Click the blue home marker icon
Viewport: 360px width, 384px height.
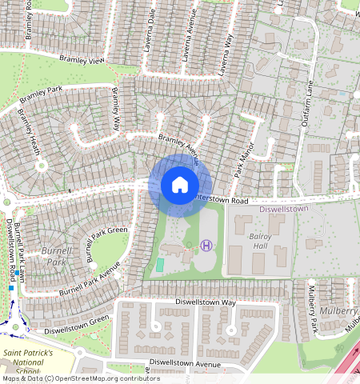(x=180, y=186)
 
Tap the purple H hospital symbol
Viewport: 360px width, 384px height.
(x=207, y=245)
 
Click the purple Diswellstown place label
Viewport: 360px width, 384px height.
(x=284, y=210)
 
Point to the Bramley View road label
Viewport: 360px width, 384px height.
(x=81, y=60)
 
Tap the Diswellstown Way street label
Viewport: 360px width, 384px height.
(x=206, y=303)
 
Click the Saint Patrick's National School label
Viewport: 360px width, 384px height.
(x=28, y=362)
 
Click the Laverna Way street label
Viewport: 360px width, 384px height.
(x=228, y=51)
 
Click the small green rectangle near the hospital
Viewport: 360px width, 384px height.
(x=160, y=264)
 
